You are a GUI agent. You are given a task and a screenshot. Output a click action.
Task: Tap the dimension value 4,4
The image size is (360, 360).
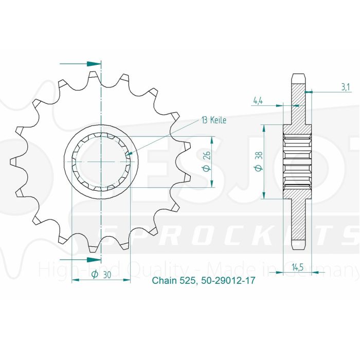click(258, 100)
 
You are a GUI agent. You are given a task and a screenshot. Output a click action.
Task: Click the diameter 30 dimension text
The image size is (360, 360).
click(101, 275)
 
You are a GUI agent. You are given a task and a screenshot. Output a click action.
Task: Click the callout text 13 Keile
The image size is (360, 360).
click(213, 120)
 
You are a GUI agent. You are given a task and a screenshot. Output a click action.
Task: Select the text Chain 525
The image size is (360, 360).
click(171, 281)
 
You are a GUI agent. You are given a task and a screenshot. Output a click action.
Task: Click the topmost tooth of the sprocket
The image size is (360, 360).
click(94, 76)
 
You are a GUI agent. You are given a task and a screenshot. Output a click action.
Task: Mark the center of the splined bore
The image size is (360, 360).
click(102, 161)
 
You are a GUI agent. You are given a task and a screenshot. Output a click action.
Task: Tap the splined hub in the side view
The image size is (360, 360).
click(298, 161)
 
